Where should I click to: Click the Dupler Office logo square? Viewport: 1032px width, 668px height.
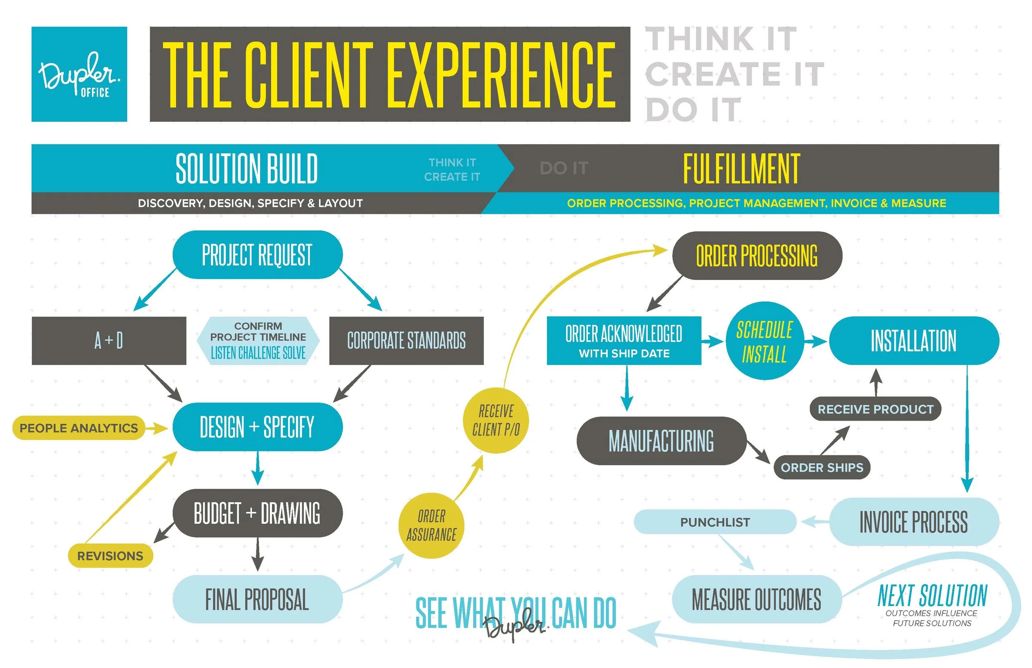[x=79, y=74]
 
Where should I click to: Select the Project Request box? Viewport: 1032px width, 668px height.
[x=258, y=255]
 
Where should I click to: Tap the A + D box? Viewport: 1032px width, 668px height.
[x=109, y=341]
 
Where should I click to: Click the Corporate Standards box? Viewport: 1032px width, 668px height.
[x=406, y=341]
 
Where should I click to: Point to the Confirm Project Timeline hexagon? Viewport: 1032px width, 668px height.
[x=258, y=341]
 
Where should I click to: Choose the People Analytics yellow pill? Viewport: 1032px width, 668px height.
[x=78, y=429]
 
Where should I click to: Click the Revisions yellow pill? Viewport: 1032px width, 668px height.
[x=110, y=556]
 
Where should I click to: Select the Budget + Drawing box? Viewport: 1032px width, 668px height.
[x=258, y=514]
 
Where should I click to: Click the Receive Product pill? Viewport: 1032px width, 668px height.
[x=876, y=410]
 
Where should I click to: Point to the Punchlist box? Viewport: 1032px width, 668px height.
[x=715, y=522]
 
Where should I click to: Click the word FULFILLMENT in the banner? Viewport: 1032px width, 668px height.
[x=741, y=169]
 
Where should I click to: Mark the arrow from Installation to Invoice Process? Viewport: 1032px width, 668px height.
[x=967, y=429]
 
